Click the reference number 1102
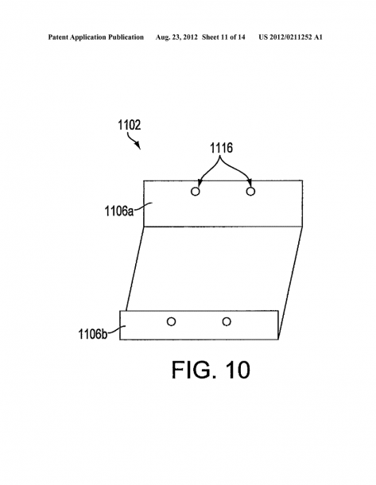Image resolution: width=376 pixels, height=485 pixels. [x=130, y=125]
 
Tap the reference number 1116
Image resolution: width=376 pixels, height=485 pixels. [x=222, y=148]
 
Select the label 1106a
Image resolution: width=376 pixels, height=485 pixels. [x=119, y=211]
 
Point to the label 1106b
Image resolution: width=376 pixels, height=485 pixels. [x=93, y=335]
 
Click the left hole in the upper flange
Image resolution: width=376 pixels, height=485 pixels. [x=195, y=192]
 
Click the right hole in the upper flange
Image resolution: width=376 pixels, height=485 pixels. [x=250, y=192]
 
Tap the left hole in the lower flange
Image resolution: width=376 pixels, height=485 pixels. [x=171, y=322]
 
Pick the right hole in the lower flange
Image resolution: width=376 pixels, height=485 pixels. [x=227, y=322]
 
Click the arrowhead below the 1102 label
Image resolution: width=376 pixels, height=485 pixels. [x=138, y=145]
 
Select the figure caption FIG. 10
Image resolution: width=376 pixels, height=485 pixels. [x=211, y=370]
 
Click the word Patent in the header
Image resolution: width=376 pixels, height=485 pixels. [x=58, y=37]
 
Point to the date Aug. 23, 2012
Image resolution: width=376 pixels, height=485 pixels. [x=176, y=37]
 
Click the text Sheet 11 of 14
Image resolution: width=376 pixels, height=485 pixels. [x=223, y=37]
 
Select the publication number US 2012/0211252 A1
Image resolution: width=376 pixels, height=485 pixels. [x=291, y=37]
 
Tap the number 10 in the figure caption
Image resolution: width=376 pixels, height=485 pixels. [x=238, y=370]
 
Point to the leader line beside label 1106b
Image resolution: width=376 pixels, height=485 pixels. [x=117, y=329]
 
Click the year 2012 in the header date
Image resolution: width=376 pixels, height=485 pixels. [x=190, y=37]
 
